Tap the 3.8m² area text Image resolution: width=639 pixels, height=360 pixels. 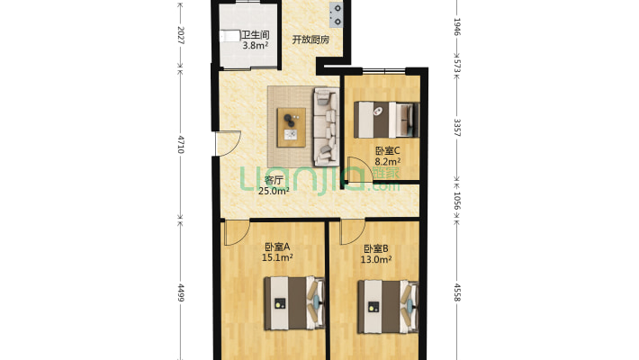tap(255, 44)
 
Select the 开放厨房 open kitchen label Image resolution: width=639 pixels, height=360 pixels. tap(310, 40)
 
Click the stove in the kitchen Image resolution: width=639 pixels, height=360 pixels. tap(337, 14)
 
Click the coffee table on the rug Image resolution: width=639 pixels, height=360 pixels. tap(292, 123)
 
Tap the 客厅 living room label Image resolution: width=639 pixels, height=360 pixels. tap(274, 180)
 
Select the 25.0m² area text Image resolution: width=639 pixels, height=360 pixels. tap(274, 191)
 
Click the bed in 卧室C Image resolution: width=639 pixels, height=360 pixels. tap(386, 117)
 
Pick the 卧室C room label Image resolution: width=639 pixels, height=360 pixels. tap(388, 151)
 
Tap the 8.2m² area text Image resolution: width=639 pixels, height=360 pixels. tap(388, 162)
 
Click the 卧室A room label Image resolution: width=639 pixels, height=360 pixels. tap(277, 247)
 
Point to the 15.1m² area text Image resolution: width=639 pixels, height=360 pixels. tap(277, 258)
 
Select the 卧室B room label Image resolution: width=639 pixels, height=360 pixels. tap(376, 248)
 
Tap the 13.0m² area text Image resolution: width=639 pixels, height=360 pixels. tap(376, 259)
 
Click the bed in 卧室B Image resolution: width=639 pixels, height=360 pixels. tap(388, 306)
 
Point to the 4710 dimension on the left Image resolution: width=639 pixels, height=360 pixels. tap(181, 142)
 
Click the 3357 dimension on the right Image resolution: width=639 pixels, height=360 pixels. tap(457, 127)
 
